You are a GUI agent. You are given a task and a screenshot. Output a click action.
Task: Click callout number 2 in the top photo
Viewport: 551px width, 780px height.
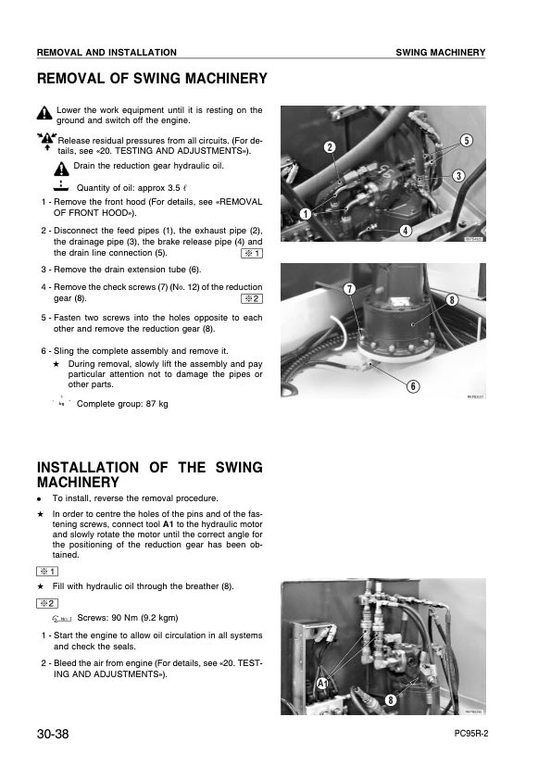[x=330, y=146]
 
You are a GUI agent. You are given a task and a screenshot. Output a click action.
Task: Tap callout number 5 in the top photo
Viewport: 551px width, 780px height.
[x=467, y=141]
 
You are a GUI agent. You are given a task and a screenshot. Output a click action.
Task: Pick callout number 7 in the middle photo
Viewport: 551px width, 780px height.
[x=350, y=289]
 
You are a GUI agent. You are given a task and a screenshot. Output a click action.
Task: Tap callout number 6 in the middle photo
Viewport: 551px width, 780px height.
[x=413, y=386]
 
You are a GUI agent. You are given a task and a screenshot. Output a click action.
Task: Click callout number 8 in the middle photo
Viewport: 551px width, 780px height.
[x=452, y=300]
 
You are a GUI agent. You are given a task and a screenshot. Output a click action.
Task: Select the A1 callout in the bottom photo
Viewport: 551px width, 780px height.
[x=322, y=684]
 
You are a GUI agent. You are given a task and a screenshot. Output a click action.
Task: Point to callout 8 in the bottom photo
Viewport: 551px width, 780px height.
[x=391, y=700]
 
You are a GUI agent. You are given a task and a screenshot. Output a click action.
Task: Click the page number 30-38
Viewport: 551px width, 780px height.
[x=53, y=734]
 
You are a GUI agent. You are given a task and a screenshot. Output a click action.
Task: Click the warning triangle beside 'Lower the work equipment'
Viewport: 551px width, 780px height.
[x=44, y=113]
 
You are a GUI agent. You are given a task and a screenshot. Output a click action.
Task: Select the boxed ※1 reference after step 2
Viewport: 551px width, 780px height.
[x=252, y=254]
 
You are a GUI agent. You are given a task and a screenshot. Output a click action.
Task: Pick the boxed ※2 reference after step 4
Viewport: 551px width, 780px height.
[x=252, y=299]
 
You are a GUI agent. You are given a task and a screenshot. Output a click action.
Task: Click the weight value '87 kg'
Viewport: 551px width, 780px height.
[x=157, y=404]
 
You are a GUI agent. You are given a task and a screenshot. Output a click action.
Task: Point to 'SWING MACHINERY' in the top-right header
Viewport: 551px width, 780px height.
[x=441, y=52]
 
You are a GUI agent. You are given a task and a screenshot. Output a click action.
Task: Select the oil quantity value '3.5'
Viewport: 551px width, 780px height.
[x=173, y=188]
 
